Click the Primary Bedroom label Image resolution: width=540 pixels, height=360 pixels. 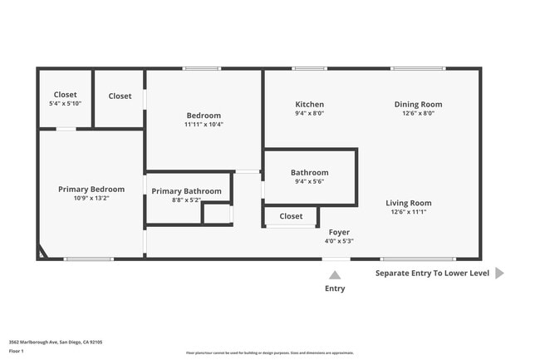[91, 190]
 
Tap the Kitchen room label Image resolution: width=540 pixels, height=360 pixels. [310, 105]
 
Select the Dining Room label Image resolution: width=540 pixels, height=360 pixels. [418, 105]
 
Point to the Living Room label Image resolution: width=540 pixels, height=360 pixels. [410, 203]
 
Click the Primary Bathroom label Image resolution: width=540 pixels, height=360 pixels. [186, 191]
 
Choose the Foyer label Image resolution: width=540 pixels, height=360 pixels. [339, 232]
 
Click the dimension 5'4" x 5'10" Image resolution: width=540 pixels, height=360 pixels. [66, 104]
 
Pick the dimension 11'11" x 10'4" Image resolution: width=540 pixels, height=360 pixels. [204, 124]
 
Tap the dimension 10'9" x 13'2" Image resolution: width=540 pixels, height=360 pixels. [91, 198]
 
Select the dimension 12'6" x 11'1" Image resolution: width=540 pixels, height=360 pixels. [410, 212]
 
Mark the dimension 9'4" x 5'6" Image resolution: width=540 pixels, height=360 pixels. [309, 181]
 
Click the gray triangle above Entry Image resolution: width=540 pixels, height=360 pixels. [335, 274]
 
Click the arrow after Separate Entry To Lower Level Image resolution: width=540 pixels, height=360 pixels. [499, 273]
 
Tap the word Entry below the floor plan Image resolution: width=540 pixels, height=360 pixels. [335, 288]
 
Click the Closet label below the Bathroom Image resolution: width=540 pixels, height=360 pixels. [291, 216]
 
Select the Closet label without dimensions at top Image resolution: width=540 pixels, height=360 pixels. [120, 96]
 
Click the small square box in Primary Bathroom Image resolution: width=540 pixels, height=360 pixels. [217, 213]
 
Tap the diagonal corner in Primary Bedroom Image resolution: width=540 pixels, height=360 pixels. [42, 252]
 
